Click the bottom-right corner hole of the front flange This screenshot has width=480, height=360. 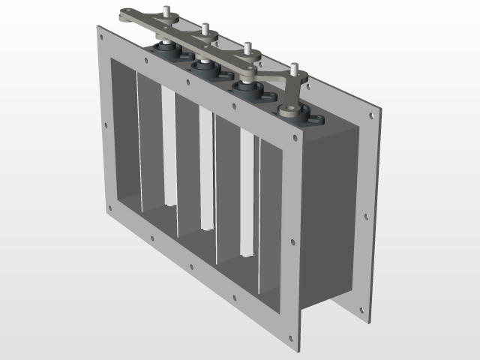click(x=290, y=337)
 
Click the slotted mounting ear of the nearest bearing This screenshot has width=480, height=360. click(x=316, y=119)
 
